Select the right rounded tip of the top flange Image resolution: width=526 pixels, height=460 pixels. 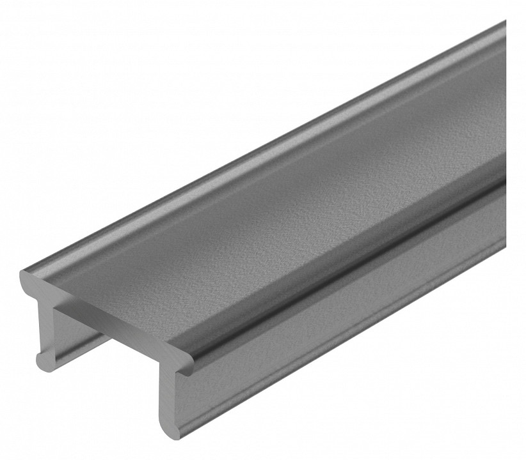186,364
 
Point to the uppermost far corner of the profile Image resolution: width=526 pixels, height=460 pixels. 502,26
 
